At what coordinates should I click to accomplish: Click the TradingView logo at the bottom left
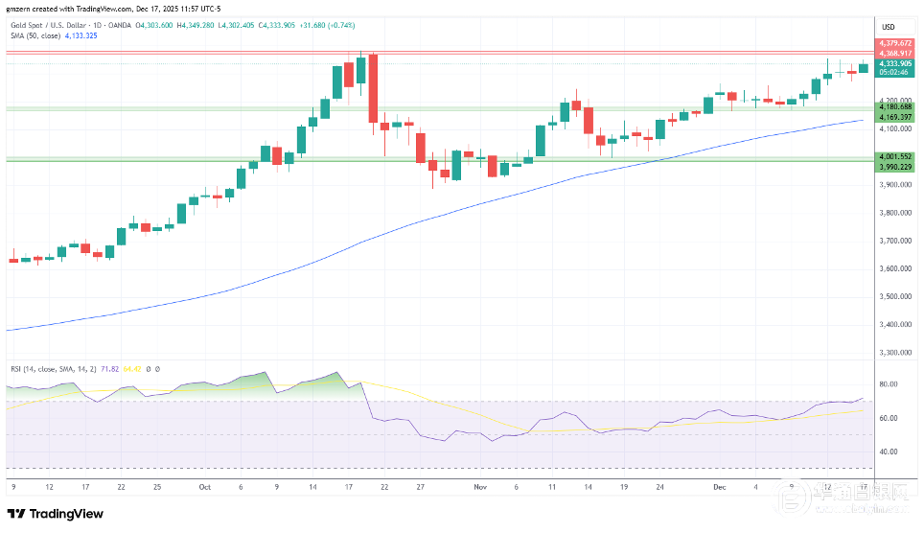click(x=55, y=514)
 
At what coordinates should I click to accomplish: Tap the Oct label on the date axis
click(x=204, y=486)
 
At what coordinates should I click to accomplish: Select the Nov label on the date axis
click(x=480, y=486)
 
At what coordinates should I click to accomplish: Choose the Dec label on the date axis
click(x=719, y=486)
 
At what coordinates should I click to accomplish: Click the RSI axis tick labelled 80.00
click(x=888, y=384)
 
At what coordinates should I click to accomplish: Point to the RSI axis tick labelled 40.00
click(x=888, y=452)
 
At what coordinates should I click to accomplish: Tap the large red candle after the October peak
click(x=372, y=88)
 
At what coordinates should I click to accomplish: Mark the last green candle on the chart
click(x=863, y=67)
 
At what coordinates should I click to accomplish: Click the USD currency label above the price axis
click(x=888, y=26)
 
